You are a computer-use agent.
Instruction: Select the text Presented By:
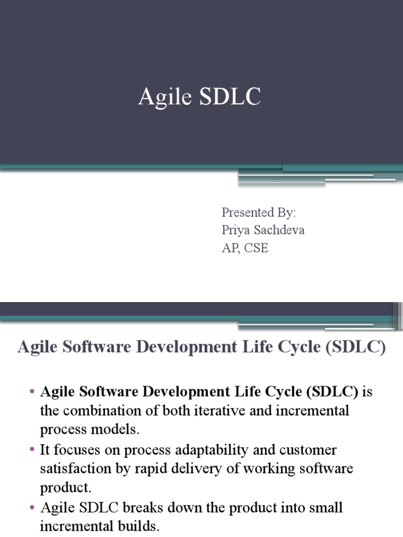(259, 212)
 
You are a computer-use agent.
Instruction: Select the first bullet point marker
(33, 392)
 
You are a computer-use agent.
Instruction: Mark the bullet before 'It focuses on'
(33, 450)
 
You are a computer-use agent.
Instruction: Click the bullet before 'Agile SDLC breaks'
(33, 508)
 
